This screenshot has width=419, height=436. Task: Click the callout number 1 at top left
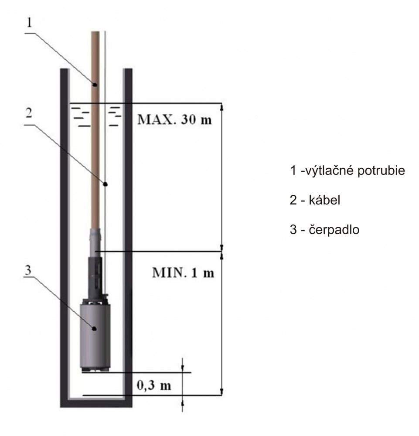click(29, 23)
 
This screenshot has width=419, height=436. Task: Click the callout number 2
click(29, 113)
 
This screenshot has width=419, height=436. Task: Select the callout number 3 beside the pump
click(28, 270)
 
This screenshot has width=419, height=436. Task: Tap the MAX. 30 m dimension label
click(174, 119)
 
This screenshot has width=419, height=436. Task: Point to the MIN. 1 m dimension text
click(183, 273)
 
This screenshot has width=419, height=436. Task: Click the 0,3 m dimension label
click(154, 385)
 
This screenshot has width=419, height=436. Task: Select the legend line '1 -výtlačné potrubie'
click(347, 170)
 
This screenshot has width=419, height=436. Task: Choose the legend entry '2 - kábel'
click(315, 200)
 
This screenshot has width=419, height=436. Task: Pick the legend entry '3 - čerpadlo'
click(324, 230)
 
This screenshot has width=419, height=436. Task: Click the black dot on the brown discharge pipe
click(95, 84)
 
